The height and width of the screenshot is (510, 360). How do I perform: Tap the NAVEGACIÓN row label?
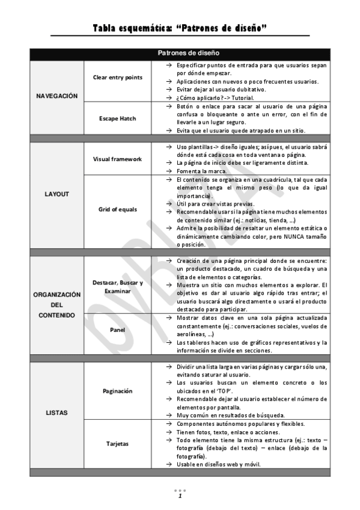[x=57, y=96]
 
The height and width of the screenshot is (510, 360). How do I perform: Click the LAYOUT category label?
[x=57, y=194]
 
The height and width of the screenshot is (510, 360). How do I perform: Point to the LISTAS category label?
[x=57, y=413]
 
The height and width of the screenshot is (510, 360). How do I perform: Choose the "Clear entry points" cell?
[x=118, y=78]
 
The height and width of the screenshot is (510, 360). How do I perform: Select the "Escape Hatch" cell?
[x=118, y=118]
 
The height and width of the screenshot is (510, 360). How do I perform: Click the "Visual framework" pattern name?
[x=118, y=159]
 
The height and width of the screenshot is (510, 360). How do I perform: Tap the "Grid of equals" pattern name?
[x=118, y=209]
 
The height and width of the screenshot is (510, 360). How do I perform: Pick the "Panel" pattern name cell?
[x=118, y=330]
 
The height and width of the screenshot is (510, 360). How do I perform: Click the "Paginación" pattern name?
[x=118, y=391]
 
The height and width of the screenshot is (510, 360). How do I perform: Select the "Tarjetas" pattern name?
[x=118, y=444]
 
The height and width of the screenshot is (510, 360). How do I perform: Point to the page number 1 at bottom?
[x=180, y=496]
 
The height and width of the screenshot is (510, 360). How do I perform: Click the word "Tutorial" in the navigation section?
[x=240, y=97]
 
